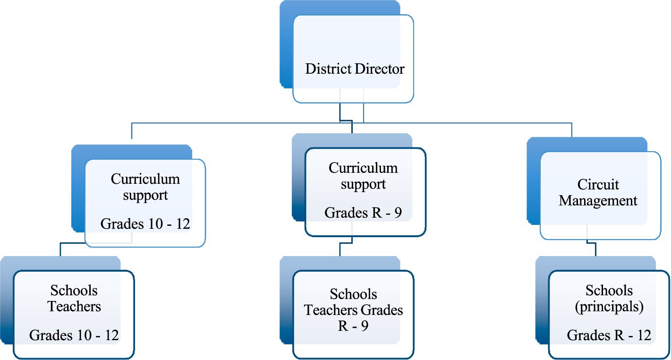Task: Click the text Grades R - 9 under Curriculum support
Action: tap(363, 213)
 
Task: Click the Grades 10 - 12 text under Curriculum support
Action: tap(145, 223)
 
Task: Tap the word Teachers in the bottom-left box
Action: tap(74, 306)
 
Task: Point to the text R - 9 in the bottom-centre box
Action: tap(353, 326)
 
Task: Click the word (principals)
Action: tap(609, 307)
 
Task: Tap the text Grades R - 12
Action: tap(609, 335)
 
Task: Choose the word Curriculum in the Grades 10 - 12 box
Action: tap(145, 179)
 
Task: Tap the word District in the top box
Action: tap(329, 69)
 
